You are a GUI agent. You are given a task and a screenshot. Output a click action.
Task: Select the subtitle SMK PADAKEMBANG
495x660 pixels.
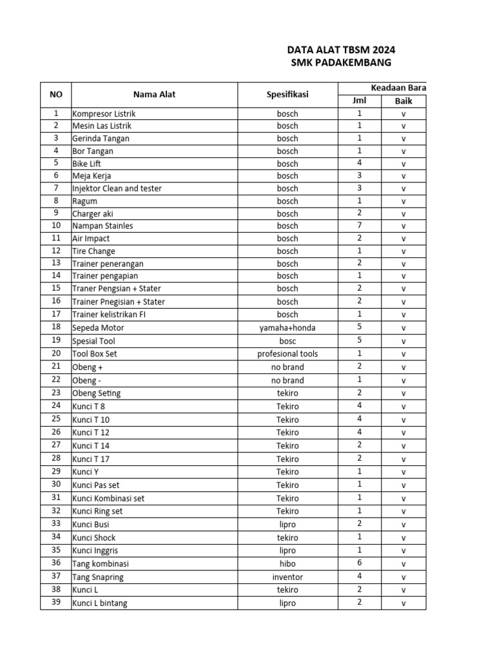coord(341,63)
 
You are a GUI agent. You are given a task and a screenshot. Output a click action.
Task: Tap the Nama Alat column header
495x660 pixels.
coord(155,94)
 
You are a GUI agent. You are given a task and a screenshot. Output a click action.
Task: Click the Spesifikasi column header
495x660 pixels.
coord(287,94)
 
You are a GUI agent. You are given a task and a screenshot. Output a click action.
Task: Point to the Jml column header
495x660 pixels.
coord(359,101)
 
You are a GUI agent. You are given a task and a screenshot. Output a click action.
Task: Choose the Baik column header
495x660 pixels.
coord(403,101)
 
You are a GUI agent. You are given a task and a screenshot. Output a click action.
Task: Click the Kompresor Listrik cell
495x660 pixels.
coord(104,113)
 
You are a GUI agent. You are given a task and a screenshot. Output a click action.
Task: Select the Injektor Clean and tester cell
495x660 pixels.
coord(117,188)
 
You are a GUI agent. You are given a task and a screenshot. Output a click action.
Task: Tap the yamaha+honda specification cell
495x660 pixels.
coord(287,327)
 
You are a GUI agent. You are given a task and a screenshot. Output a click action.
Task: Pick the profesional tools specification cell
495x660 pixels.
coord(287,353)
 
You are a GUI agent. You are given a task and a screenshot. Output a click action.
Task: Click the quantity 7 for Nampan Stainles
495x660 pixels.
coord(359,226)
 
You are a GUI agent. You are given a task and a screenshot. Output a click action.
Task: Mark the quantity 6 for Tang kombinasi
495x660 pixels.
coord(359,563)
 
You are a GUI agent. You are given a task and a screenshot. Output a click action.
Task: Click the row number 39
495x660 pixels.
coord(56,603)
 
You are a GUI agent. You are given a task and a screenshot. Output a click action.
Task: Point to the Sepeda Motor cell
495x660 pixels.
coord(99,327)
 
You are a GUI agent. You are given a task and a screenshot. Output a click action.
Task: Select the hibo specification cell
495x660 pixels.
coord(287,563)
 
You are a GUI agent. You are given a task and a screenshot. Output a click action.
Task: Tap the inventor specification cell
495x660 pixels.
coord(287,577)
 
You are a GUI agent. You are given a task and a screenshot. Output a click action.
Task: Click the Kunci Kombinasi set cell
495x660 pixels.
coord(108,498)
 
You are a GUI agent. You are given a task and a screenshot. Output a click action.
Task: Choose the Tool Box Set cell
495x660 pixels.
coord(95,353)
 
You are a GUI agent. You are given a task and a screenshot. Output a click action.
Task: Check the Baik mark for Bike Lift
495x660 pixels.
coord(403,164)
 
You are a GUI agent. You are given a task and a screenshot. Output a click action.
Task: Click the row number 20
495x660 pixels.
coord(56,353)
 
